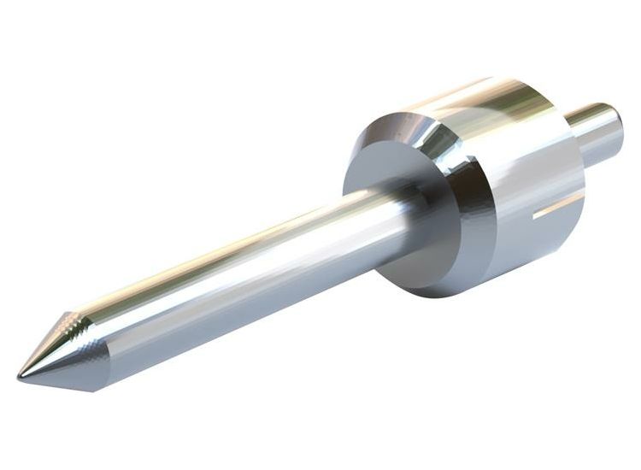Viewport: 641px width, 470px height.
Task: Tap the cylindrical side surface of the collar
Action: (x=530, y=197)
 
